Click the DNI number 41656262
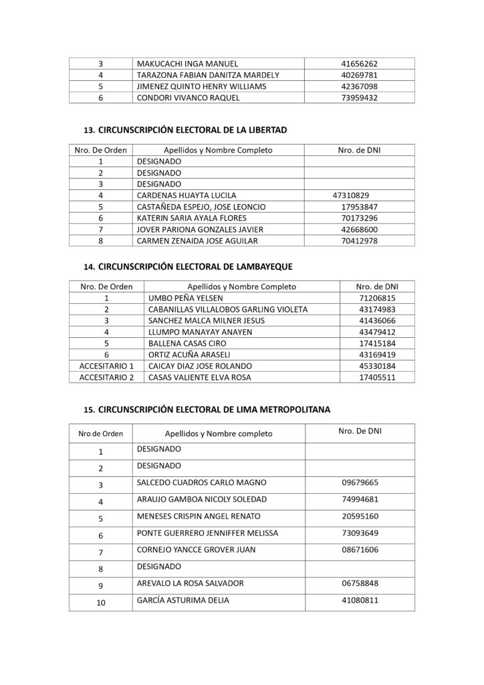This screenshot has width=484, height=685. [360, 64]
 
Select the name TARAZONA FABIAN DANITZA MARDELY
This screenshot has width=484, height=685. [208, 75]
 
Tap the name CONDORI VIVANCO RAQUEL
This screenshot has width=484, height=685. [185, 98]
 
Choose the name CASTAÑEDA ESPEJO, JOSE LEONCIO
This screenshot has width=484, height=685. [201, 207]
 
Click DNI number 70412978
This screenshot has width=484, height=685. [360, 241]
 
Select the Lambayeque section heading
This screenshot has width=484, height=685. [189, 266]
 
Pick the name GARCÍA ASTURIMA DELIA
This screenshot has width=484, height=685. [183, 601]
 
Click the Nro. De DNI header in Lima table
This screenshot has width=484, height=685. [360, 432]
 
